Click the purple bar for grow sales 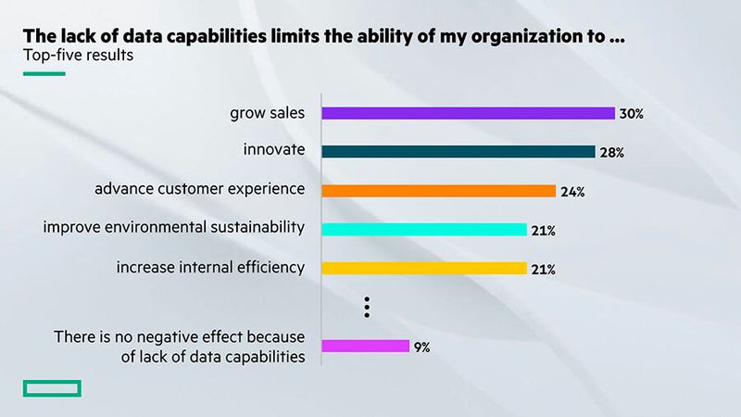coord(468,113)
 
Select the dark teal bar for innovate coord(458,152)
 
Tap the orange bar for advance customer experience coord(438,191)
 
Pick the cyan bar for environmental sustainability coord(423,230)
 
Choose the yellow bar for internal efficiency coord(423,269)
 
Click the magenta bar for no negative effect coord(365,346)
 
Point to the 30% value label coord(632,114)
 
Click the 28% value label coord(611,153)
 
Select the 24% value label coord(571,192)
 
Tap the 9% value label coord(421,347)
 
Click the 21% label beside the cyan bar coord(543,231)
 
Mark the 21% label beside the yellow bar coord(543,270)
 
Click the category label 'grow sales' coord(268,113)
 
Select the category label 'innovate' coord(274,151)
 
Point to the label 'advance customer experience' coord(200,189)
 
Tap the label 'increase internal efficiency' coord(210,267)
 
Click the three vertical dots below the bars coord(367,307)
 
